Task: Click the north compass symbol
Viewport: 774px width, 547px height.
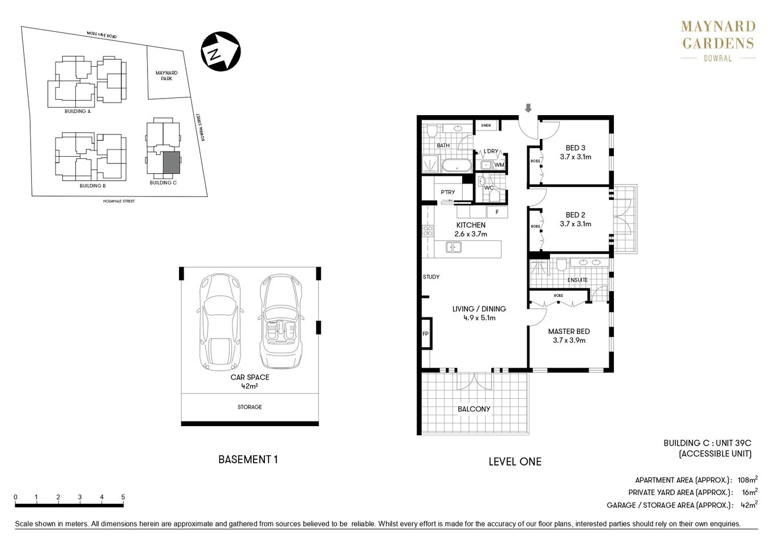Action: tap(219, 52)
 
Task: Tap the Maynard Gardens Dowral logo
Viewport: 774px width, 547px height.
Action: tap(718, 41)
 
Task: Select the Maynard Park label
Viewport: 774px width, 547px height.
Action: tap(166, 76)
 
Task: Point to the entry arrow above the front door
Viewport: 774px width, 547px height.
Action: tap(528, 108)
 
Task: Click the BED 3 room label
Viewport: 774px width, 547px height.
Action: tap(575, 148)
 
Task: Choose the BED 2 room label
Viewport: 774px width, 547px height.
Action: tap(575, 215)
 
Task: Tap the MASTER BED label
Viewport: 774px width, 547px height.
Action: tap(568, 332)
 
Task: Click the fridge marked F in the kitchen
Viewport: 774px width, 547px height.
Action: tap(497, 212)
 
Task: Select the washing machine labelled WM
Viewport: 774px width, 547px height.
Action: tap(499, 165)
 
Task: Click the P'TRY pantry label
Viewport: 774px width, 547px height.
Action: tap(448, 192)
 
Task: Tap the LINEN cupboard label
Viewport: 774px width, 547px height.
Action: tap(486, 125)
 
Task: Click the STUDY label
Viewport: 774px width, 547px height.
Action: tap(431, 277)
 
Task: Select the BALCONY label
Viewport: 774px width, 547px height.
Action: tap(474, 409)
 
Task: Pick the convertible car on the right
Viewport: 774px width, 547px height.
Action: tap(280, 322)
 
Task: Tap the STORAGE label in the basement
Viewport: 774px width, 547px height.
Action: tap(250, 407)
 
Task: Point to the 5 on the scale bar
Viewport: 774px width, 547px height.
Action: tap(123, 497)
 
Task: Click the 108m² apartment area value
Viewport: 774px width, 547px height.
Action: tap(747, 480)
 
